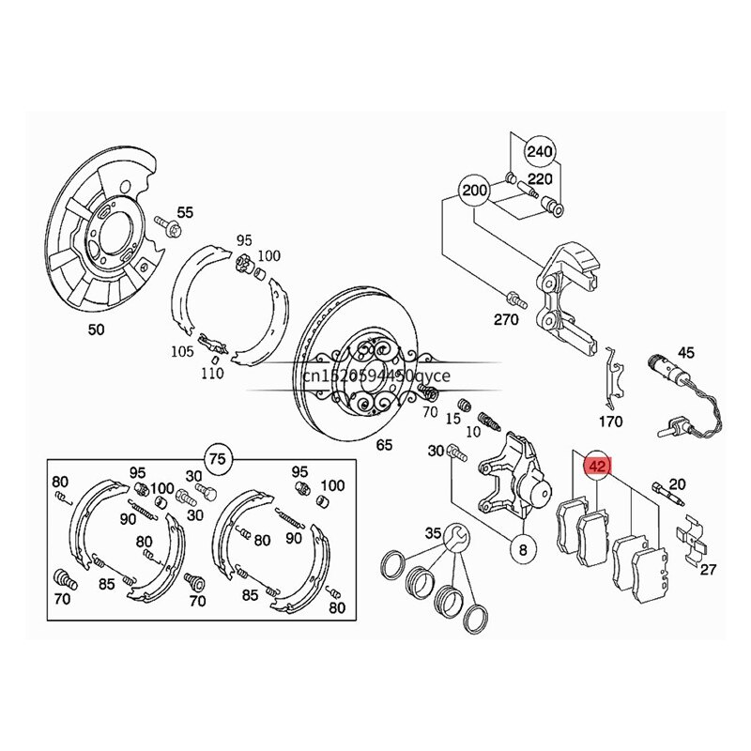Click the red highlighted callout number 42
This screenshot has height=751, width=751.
coord(597,464)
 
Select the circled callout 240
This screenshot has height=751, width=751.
coord(539,151)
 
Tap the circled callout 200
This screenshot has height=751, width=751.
coord(475,192)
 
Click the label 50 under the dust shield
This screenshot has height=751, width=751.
coord(97,330)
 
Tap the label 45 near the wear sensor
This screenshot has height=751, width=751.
coord(686,353)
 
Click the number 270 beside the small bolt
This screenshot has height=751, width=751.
coord(506,320)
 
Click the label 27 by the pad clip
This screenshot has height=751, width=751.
coord(709,569)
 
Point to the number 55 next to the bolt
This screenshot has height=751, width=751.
coord(185,213)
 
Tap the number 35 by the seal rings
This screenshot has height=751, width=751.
coord(432,533)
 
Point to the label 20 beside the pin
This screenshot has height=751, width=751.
coord(678,484)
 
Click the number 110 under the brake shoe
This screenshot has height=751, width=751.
coord(212,374)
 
